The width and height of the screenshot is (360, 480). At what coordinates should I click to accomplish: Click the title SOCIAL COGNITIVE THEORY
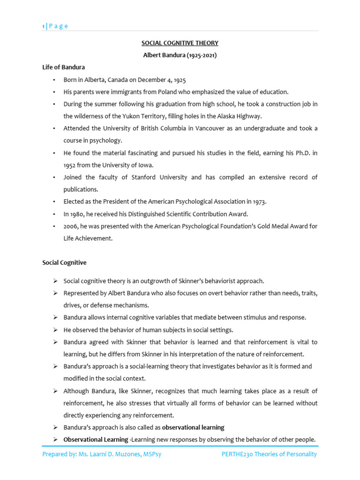pos(180,43)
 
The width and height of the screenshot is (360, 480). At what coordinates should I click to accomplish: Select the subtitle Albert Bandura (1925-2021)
pos(180,55)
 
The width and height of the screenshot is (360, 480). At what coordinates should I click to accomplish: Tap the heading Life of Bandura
pos(64,67)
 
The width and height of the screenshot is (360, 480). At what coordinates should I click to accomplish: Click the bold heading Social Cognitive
pos(64,263)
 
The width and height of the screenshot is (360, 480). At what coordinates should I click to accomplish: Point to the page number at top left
pos(44,26)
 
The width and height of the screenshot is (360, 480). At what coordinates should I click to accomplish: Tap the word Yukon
pos(136,116)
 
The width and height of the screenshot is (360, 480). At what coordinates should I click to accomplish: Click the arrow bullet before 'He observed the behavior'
pos(55,330)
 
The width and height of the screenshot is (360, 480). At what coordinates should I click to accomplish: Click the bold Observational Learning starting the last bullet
pos(96,440)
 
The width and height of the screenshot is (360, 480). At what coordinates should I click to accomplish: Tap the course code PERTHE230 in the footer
pos(239,454)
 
